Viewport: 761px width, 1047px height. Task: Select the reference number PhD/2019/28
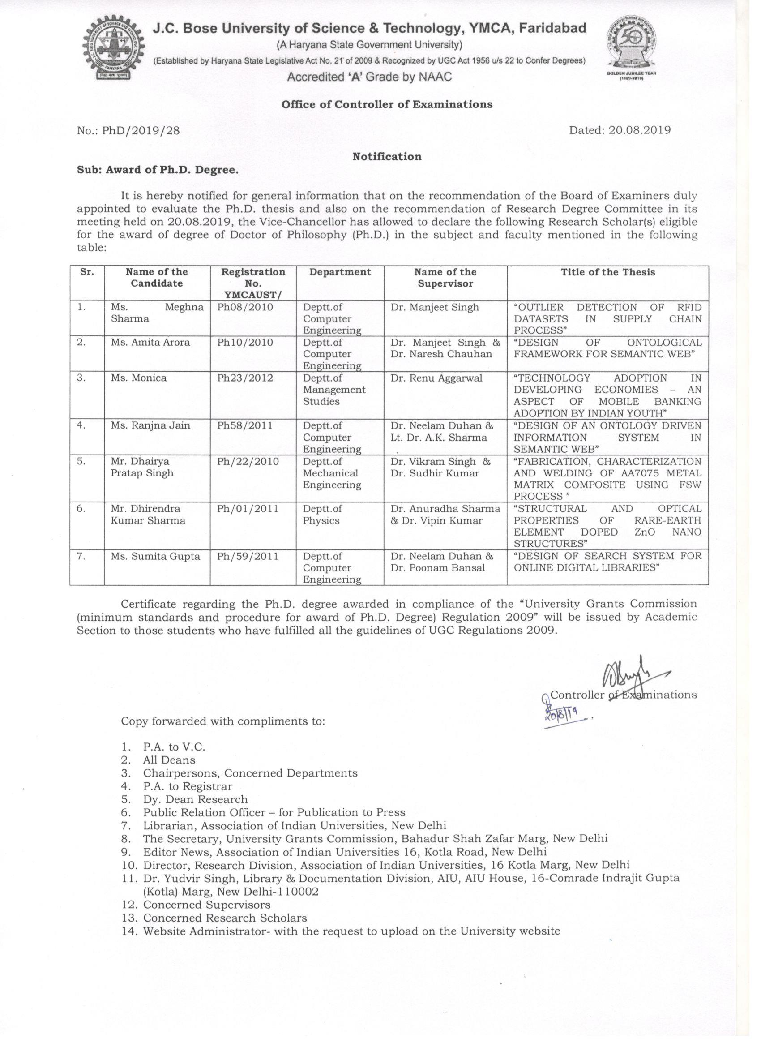128,131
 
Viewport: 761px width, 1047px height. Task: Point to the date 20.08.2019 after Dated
639,130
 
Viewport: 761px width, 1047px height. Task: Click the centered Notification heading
387,156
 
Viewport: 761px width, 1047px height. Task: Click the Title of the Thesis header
607,272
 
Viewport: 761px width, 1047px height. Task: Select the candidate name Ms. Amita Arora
150,343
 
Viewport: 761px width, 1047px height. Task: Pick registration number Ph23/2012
245,378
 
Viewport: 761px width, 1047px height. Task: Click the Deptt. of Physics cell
322,515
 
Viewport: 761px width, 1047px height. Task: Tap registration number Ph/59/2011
248,556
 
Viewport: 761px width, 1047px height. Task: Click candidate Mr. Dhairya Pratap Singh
142,467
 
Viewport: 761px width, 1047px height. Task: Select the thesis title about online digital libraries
607,562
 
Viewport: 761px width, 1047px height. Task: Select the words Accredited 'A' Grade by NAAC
369,77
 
